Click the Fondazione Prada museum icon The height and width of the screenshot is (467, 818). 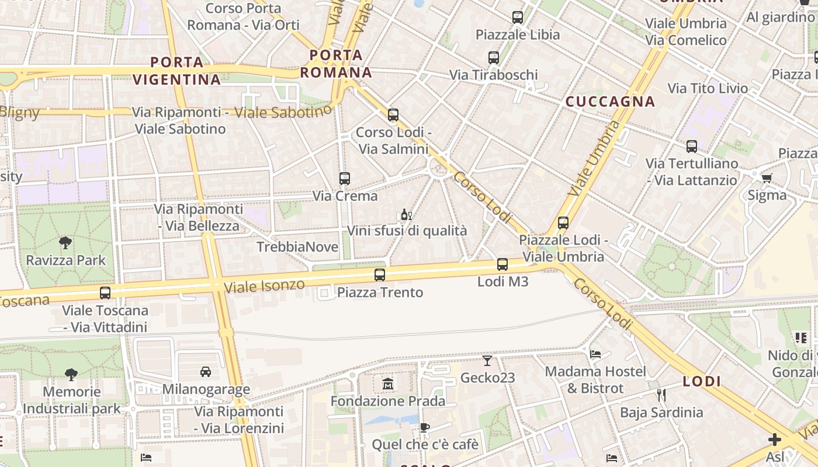(388, 384)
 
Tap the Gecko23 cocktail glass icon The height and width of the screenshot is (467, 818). (487, 360)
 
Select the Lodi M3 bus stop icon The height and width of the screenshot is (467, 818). (502, 264)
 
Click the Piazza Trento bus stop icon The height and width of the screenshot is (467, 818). (380, 275)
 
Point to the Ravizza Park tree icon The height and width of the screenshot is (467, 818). (65, 242)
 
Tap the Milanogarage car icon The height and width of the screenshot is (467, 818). (206, 371)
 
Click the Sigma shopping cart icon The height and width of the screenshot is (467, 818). (767, 177)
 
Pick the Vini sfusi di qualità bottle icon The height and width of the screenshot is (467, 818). (406, 214)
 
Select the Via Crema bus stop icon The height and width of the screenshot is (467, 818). (345, 179)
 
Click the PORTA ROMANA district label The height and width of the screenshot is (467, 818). (337, 64)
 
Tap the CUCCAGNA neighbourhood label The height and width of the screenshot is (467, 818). (610, 102)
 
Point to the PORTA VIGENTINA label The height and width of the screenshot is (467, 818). (176, 71)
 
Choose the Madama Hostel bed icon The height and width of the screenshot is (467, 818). (595, 354)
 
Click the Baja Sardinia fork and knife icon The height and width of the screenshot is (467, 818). (661, 395)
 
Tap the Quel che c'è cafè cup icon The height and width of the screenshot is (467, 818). (425, 427)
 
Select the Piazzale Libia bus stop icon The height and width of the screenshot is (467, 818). (518, 18)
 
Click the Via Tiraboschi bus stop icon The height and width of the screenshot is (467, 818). (494, 58)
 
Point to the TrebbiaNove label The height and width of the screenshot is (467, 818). (297, 247)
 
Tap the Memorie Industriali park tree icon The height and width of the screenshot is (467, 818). (71, 374)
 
